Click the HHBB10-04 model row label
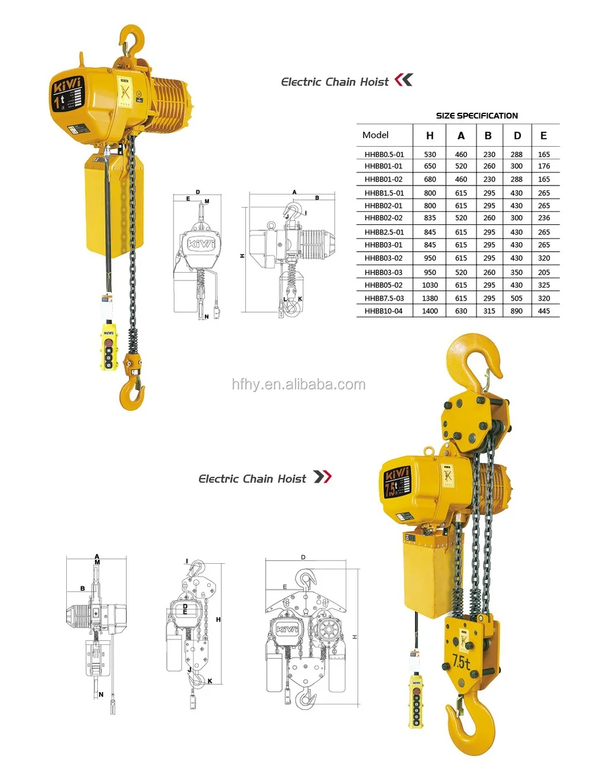click(x=384, y=311)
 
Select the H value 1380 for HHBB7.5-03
click(x=430, y=298)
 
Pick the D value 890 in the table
click(x=516, y=311)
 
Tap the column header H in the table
click(x=430, y=136)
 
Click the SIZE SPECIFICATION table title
click(x=476, y=116)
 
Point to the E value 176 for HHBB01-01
click(x=544, y=166)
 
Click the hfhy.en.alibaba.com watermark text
click(x=298, y=385)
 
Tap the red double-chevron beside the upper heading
click(x=404, y=80)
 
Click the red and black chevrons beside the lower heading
click(x=322, y=477)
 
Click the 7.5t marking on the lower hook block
click(x=461, y=662)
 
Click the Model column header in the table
click(x=376, y=135)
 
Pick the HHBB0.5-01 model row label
click(x=384, y=155)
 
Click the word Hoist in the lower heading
click(x=291, y=478)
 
